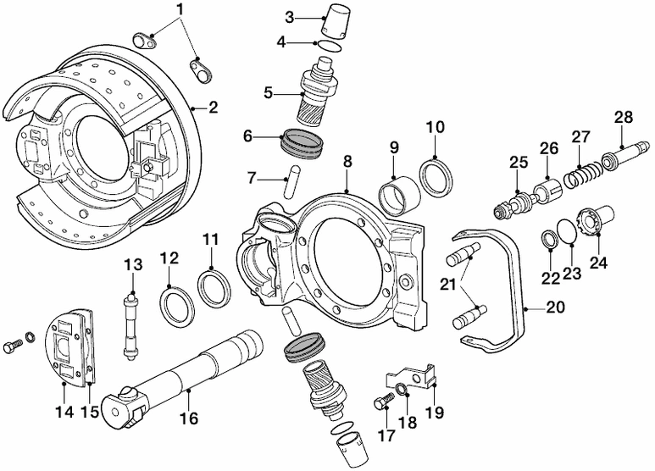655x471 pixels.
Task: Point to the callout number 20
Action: click(554, 308)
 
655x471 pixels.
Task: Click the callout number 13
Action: click(130, 264)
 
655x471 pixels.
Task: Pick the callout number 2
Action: click(214, 108)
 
